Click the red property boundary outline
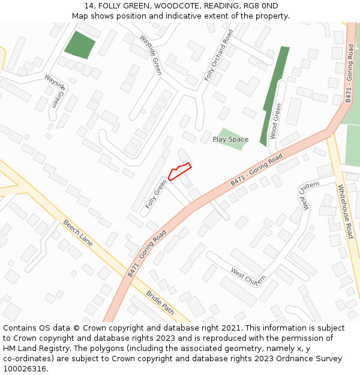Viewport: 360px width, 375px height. coord(179,171)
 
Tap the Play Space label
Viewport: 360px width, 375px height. coord(230,140)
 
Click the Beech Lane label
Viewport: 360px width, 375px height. coord(78,233)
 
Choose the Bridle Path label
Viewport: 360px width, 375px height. coord(160,303)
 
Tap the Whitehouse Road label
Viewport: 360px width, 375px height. coord(346,211)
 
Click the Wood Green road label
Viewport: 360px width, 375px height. coord(277,121)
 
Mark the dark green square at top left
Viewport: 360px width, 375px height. coord(80,44)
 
